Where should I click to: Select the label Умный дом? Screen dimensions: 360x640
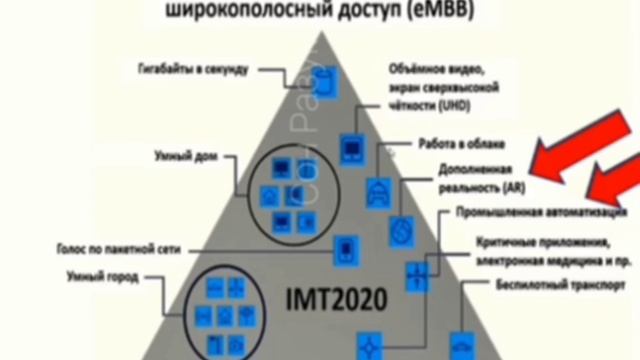tap(181, 157)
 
